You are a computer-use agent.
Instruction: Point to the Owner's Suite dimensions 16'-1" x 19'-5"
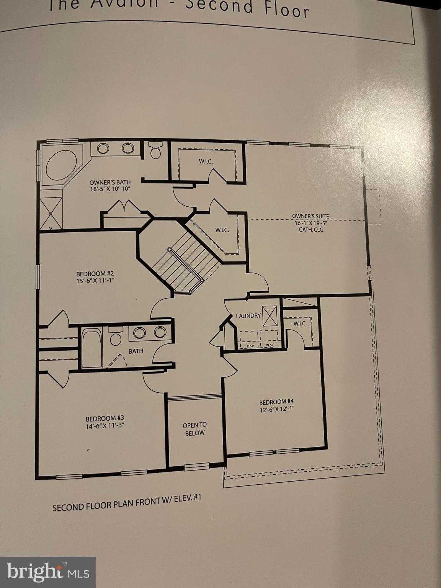point(310,223)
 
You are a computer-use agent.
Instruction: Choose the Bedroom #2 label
point(95,274)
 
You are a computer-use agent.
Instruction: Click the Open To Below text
point(194,429)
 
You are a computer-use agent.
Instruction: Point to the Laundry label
point(248,316)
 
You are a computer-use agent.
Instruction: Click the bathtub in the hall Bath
point(92,348)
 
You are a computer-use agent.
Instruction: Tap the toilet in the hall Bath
point(115,337)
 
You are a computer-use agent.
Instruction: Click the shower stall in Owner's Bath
point(51,213)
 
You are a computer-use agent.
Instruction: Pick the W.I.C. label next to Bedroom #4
point(300,323)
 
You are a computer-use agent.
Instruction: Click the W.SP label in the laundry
point(269,346)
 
